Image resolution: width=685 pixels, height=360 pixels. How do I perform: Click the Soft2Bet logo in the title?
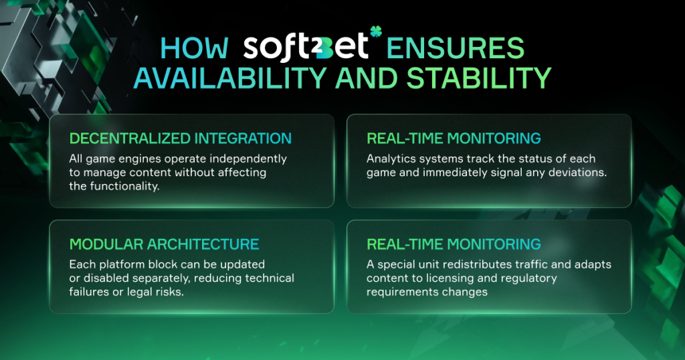click(306, 47)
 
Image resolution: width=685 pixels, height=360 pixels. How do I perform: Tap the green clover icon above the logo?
click(376, 31)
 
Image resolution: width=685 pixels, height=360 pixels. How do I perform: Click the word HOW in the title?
click(195, 48)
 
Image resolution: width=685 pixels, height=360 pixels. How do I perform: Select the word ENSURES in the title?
click(455, 48)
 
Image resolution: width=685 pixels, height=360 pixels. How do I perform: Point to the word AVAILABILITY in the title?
click(230, 78)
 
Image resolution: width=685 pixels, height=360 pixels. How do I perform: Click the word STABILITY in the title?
click(479, 78)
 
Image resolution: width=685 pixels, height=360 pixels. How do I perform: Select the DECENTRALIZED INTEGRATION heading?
click(181, 138)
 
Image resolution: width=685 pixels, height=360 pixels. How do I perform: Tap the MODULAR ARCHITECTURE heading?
click(165, 244)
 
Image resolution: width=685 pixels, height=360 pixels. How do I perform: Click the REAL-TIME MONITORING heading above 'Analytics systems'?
click(454, 138)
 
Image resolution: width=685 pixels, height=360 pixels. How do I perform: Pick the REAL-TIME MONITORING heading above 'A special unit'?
click(454, 244)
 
